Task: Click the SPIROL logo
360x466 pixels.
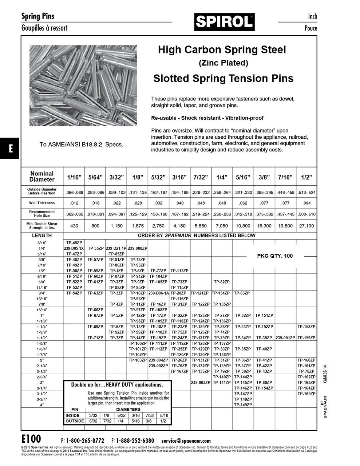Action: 224,22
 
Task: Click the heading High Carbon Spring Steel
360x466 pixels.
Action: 222,50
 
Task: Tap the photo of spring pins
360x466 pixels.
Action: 83,86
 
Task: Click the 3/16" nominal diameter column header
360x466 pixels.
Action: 179,177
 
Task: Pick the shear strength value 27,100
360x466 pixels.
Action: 306,226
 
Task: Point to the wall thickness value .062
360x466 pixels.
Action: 243,203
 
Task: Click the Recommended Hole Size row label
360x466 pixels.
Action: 42,213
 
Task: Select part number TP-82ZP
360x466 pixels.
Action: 222,282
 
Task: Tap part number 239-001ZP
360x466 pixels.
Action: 285,338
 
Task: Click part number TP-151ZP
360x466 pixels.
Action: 264,315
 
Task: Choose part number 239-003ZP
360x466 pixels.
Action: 201,383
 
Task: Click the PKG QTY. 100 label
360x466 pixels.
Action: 275,256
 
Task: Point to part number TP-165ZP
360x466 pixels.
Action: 306,394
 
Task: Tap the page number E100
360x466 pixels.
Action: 31,438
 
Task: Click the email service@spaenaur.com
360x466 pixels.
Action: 186,441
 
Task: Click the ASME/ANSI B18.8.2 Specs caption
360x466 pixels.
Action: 81,145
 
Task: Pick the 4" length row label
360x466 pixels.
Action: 42,405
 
